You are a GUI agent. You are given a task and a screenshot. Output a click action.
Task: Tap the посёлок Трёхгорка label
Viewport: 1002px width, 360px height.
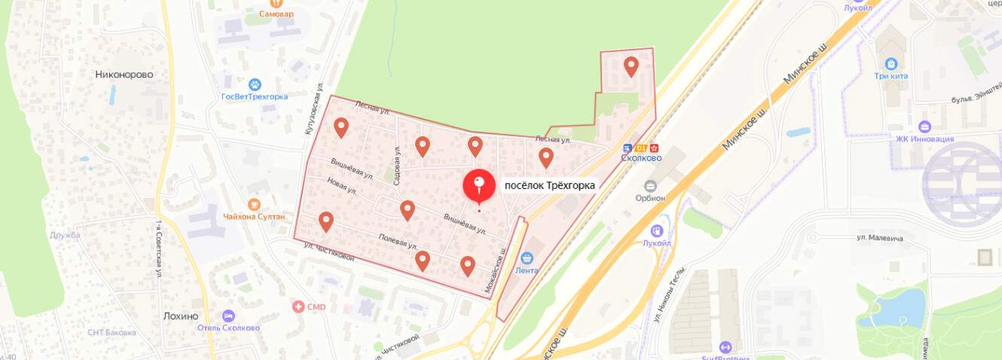click(549, 185)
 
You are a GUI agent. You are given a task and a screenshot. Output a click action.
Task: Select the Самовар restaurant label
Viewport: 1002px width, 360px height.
click(276, 14)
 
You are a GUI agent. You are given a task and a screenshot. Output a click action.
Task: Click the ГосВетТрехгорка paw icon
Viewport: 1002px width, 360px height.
click(255, 84)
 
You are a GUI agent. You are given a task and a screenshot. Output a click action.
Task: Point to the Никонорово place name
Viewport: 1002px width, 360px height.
click(124, 75)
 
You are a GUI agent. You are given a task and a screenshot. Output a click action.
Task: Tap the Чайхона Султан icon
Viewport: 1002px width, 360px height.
click(254, 204)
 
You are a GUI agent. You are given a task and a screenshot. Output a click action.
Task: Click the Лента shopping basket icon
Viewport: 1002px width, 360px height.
click(527, 258)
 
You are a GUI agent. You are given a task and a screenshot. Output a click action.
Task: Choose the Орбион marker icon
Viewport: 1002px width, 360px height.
click(650, 185)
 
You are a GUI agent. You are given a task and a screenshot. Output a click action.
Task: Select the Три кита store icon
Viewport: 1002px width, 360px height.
click(891, 64)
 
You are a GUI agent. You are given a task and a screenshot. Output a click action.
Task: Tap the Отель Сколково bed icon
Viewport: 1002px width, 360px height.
click(229, 316)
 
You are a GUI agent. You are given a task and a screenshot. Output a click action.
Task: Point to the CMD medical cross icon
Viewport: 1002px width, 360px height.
click(299, 307)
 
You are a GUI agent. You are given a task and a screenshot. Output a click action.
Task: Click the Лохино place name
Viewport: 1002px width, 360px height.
click(181, 316)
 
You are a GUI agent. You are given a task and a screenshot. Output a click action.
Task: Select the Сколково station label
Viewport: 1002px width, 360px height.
click(641, 158)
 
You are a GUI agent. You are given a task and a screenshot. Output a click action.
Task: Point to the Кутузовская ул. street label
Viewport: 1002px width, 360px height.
click(313, 114)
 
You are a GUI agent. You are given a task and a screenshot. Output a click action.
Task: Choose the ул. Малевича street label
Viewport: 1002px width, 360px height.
click(879, 238)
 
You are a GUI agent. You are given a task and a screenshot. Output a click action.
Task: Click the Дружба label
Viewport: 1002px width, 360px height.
click(65, 235)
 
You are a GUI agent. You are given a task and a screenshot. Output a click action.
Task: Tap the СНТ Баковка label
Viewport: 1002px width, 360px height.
click(112, 332)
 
